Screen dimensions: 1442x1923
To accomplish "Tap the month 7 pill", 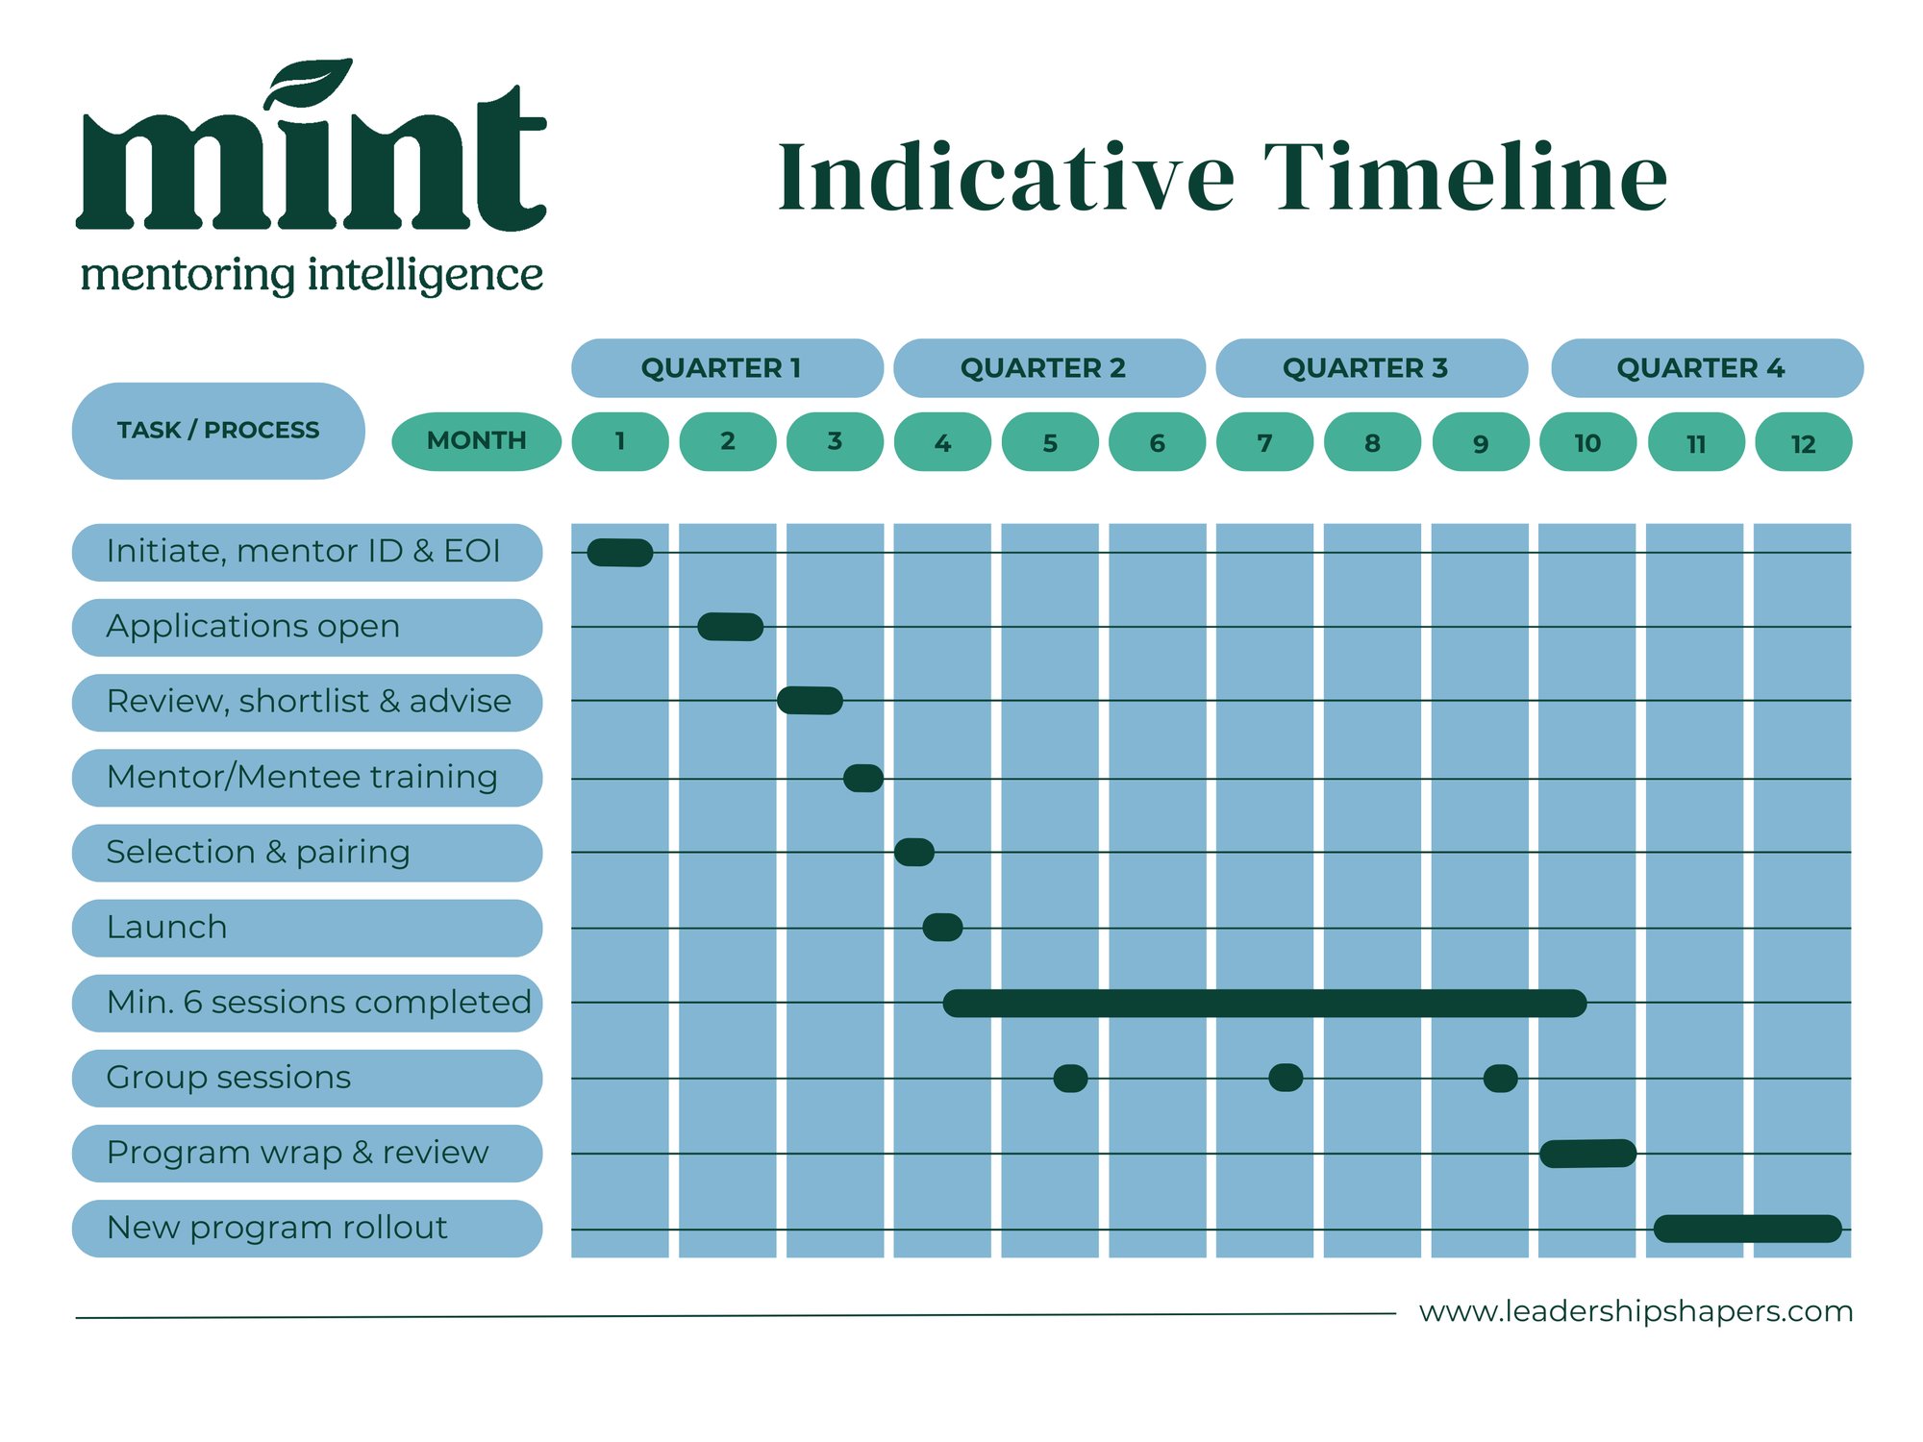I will point(1264,442).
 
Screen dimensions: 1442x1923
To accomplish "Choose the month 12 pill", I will point(1803,442).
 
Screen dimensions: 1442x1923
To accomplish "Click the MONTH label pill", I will point(476,441).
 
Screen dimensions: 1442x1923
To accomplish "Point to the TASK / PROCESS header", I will point(218,431).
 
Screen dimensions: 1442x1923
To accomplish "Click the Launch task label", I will point(307,928).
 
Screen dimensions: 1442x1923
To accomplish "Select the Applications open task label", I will point(307,627).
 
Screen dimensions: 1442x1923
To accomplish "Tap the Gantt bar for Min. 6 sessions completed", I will point(1264,1004).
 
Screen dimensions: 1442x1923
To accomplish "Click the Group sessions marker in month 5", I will point(1070,1079).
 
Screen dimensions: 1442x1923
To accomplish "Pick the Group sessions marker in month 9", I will point(1500,1079).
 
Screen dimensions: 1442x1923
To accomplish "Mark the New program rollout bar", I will point(1747,1229).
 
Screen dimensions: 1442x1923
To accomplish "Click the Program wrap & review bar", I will point(1587,1154).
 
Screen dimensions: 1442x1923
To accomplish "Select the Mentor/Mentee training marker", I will point(862,779).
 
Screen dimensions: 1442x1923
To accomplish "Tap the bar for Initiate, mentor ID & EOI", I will point(620,553).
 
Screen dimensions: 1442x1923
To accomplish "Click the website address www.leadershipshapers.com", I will point(1636,1311).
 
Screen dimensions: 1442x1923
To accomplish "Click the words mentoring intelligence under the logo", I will point(312,276).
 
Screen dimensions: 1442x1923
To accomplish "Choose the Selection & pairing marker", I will point(913,853).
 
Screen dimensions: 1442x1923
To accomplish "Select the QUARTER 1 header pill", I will point(726,368).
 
